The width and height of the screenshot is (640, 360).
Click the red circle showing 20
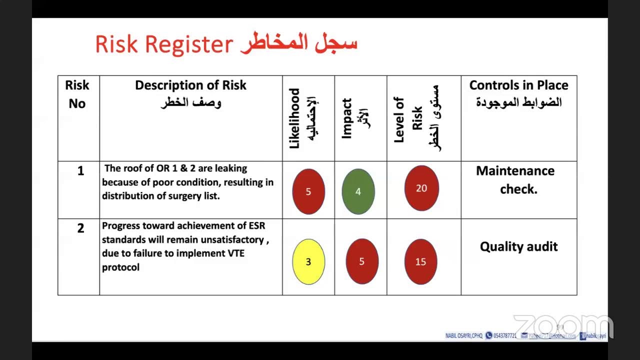coord(421,188)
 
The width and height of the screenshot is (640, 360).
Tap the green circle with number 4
coord(358,191)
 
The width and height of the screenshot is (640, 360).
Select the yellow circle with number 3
coord(308,262)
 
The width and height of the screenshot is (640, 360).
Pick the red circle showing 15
coord(421,262)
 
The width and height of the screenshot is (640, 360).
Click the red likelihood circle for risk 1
coord(308,191)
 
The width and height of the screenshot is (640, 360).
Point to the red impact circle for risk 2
coord(361,261)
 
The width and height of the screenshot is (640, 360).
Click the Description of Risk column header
coord(190,85)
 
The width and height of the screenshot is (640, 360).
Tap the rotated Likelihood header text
coord(295,118)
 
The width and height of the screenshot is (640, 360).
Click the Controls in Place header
coord(518,85)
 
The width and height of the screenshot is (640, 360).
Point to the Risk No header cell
coord(77,94)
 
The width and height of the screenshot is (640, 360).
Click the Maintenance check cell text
coord(515,180)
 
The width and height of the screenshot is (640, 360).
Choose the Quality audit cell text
coord(518,246)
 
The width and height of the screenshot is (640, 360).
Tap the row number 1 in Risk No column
coord(80,171)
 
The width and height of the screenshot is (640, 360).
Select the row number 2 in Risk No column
coord(80,228)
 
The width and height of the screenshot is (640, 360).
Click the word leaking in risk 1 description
coord(230,168)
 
